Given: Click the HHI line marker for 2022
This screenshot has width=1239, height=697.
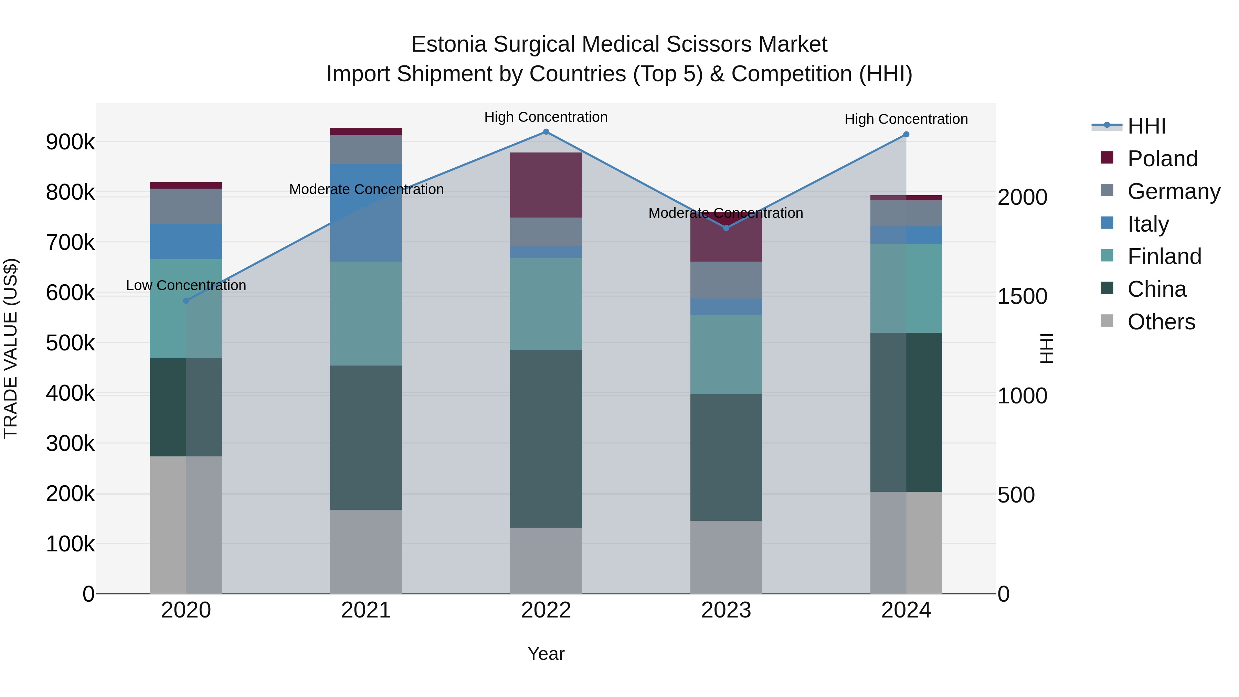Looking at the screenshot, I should click(x=546, y=132).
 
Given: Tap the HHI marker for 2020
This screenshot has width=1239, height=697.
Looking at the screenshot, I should click(x=186, y=300).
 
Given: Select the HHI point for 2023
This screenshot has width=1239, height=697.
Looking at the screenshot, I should click(x=726, y=228).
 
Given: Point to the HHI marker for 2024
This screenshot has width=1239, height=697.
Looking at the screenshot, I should click(x=906, y=135).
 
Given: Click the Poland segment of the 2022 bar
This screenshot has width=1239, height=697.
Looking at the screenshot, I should click(x=546, y=185).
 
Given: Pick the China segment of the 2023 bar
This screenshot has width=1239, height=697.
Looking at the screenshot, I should click(x=726, y=457).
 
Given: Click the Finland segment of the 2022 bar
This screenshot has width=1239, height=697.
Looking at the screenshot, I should click(x=546, y=304).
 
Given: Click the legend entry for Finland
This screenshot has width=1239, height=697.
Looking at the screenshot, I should click(x=1164, y=256).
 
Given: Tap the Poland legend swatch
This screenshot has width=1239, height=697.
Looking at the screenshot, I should click(x=1107, y=158).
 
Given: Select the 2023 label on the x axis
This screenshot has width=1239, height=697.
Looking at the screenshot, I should click(x=726, y=610).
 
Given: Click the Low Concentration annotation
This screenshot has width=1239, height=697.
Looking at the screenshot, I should click(x=186, y=285).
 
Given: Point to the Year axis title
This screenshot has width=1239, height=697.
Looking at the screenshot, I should click(x=546, y=654).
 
